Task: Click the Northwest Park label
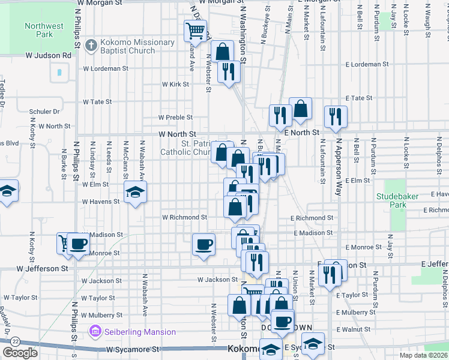click(x=44, y=30)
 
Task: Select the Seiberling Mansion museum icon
click(x=94, y=332)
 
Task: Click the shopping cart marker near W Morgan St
click(x=195, y=30)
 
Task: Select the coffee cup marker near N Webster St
click(x=204, y=244)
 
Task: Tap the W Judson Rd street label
click(x=48, y=56)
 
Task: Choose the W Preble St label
click(x=175, y=118)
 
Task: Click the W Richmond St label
click(x=185, y=217)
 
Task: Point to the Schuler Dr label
click(x=44, y=112)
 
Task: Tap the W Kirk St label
click(x=175, y=85)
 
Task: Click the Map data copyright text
click(x=423, y=355)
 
